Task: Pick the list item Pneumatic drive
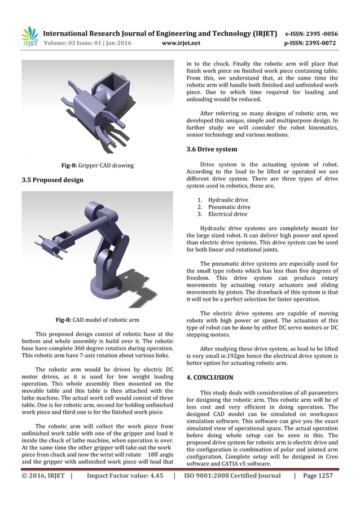click(x=229, y=207)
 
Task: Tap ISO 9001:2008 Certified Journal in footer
click(x=232, y=476)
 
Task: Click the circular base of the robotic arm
click(x=116, y=281)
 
